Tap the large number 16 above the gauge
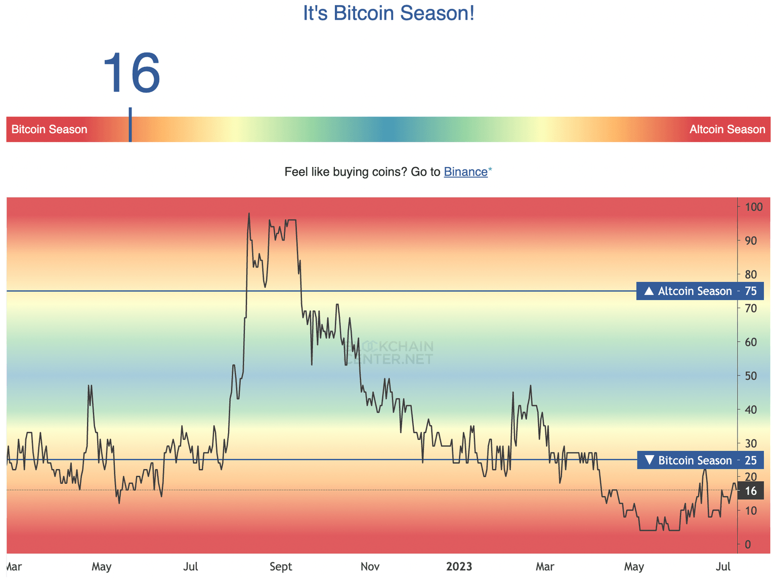coord(132,73)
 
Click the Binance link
coord(465,172)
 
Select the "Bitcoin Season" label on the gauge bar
coord(49,130)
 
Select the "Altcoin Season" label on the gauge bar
coord(727,130)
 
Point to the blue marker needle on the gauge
coord(130,124)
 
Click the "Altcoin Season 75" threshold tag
coord(700,291)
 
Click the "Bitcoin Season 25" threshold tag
coord(700,460)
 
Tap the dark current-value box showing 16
coord(751,490)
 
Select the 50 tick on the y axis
coord(751,376)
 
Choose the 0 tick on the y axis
coord(748,545)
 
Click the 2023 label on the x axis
coord(459,566)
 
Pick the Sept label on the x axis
coord(281,566)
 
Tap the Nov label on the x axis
coord(370,566)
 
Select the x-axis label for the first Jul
coord(191,566)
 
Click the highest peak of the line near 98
coord(249,214)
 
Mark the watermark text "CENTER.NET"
coord(390,359)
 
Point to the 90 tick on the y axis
coord(751,240)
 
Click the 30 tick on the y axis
coord(751,443)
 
